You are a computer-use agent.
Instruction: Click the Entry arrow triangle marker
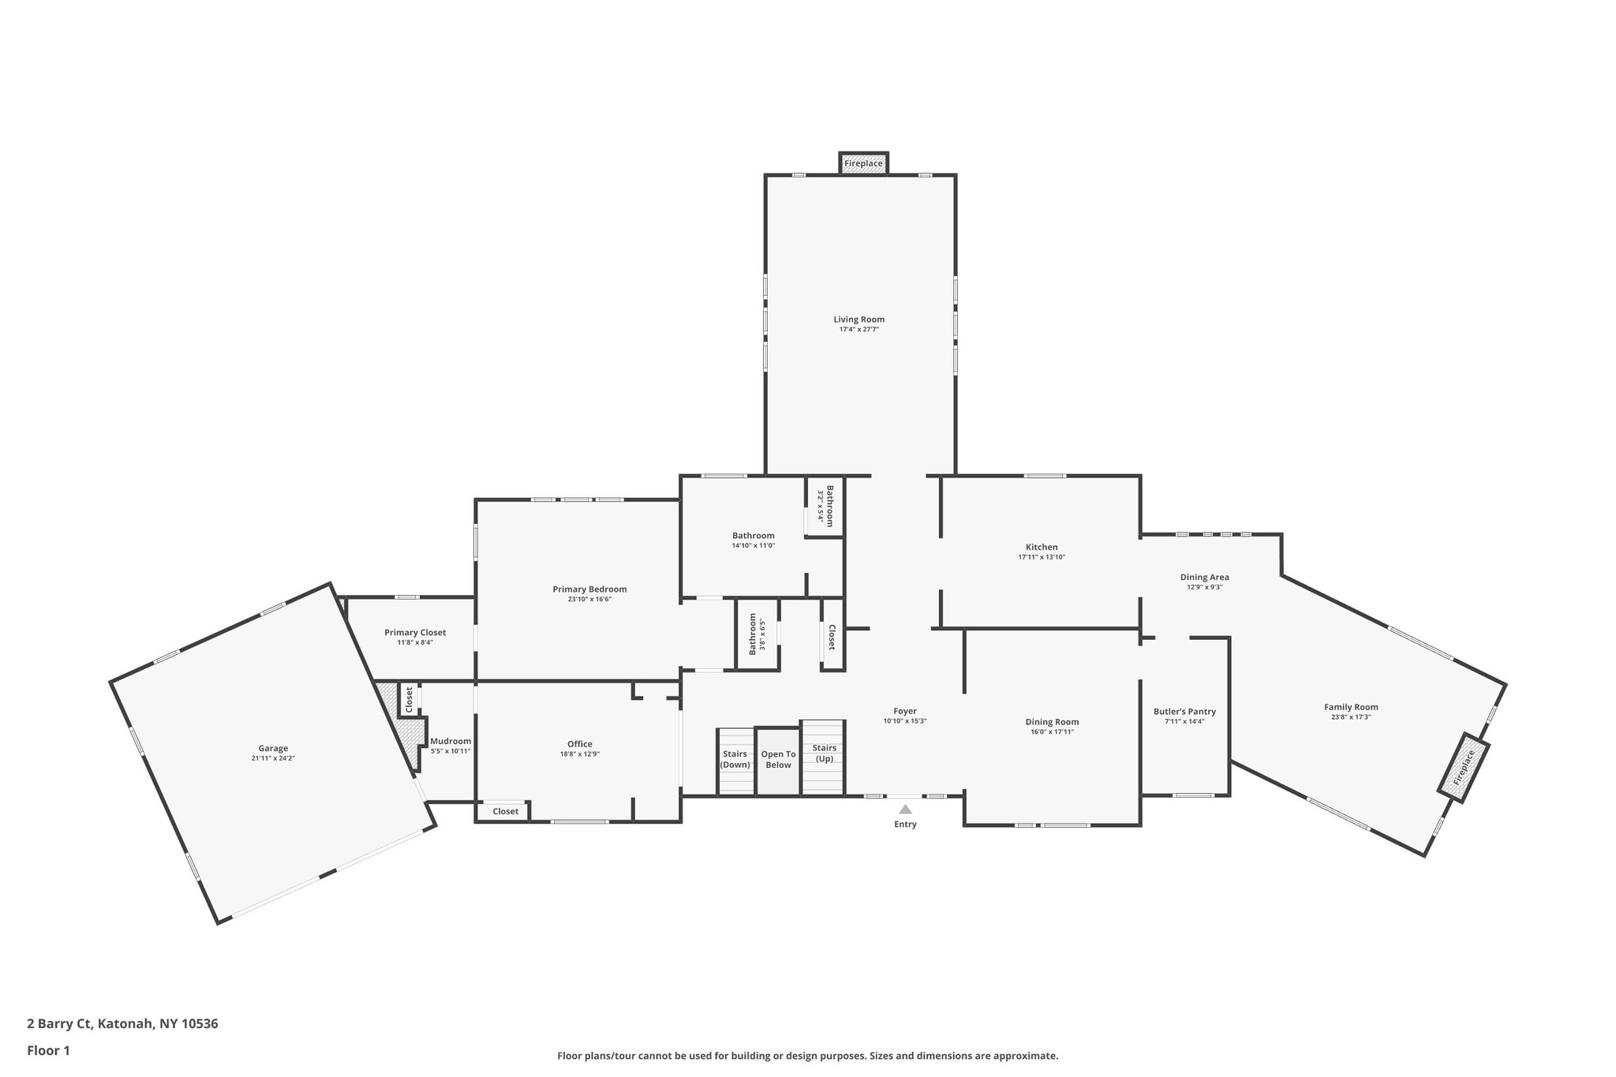[x=905, y=809]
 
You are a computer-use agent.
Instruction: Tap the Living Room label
[x=858, y=320]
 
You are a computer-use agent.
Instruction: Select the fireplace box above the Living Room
[x=863, y=163]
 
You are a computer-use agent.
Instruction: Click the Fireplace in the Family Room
[x=1463, y=768]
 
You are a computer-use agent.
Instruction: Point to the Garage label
[x=273, y=748]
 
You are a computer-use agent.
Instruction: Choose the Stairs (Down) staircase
[x=735, y=761]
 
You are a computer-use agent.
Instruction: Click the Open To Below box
[x=778, y=760]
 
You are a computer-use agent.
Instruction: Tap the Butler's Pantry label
[x=1184, y=712]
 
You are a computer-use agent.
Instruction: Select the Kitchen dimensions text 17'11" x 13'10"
[x=1042, y=557]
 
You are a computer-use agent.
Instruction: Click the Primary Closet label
[x=415, y=632]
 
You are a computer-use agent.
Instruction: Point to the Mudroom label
[x=451, y=741]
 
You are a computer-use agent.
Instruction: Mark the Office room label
[x=579, y=744]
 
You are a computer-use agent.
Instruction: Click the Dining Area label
[x=1204, y=577]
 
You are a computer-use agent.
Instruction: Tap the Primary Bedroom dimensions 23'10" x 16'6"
[x=589, y=599]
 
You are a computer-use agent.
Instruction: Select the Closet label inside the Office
[x=506, y=811]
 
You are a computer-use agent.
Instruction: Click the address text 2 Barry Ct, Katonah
[x=122, y=1023]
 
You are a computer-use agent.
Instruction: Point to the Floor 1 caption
[x=49, y=1050]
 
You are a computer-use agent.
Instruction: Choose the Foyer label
[x=905, y=711]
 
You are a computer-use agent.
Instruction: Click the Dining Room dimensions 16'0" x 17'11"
[x=1052, y=732]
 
